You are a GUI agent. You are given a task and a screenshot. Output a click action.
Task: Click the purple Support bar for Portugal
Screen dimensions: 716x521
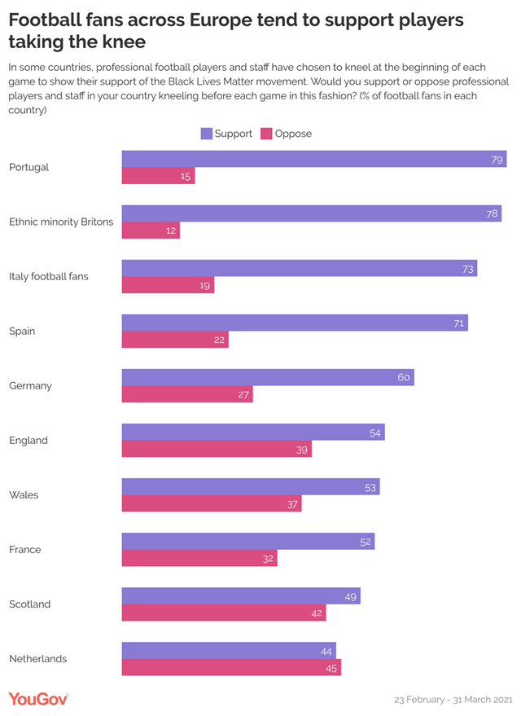[314, 159]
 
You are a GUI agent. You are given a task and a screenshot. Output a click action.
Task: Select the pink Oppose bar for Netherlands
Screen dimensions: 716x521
[231, 667]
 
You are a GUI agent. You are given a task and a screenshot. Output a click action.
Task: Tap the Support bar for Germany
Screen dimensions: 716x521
[268, 377]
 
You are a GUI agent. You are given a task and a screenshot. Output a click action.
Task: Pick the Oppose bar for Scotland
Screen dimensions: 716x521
[224, 613]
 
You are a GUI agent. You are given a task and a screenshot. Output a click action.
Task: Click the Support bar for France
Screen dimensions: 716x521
[248, 541]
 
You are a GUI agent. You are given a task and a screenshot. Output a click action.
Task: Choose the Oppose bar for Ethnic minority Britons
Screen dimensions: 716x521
[151, 231]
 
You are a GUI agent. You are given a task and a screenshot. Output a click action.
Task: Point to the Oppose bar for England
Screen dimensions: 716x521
[217, 449]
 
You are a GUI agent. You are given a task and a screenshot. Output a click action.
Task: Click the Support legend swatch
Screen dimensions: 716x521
[206, 134]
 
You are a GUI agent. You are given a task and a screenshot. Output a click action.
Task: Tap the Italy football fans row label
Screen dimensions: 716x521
[48, 276]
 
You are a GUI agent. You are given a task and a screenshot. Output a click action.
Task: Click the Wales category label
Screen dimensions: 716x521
[24, 494]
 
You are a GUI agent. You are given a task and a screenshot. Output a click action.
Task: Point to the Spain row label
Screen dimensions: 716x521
[22, 331]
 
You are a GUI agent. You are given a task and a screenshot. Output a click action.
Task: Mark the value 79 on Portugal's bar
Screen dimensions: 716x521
[497, 160]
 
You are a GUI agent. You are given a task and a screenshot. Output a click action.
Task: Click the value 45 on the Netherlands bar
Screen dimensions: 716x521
[331, 668]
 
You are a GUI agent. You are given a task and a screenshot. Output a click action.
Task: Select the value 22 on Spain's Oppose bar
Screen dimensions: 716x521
[219, 340]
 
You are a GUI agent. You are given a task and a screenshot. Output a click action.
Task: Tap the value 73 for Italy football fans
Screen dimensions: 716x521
[467, 269]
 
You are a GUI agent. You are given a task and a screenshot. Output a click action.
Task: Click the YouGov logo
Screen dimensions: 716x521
[38, 699]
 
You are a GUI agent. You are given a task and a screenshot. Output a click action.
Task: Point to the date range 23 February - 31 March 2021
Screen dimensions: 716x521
[452, 700]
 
